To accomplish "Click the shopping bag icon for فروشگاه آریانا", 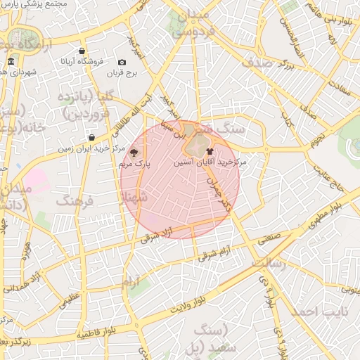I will tap(82, 51).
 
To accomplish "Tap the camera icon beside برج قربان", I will tap(122, 63).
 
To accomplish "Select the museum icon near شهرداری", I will tap(11, 63).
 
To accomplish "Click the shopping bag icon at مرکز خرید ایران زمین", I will tap(91, 137).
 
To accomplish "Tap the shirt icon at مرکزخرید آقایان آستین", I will tap(210, 150).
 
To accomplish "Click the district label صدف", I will tap(266, 61).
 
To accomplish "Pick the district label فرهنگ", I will tap(74, 201).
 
